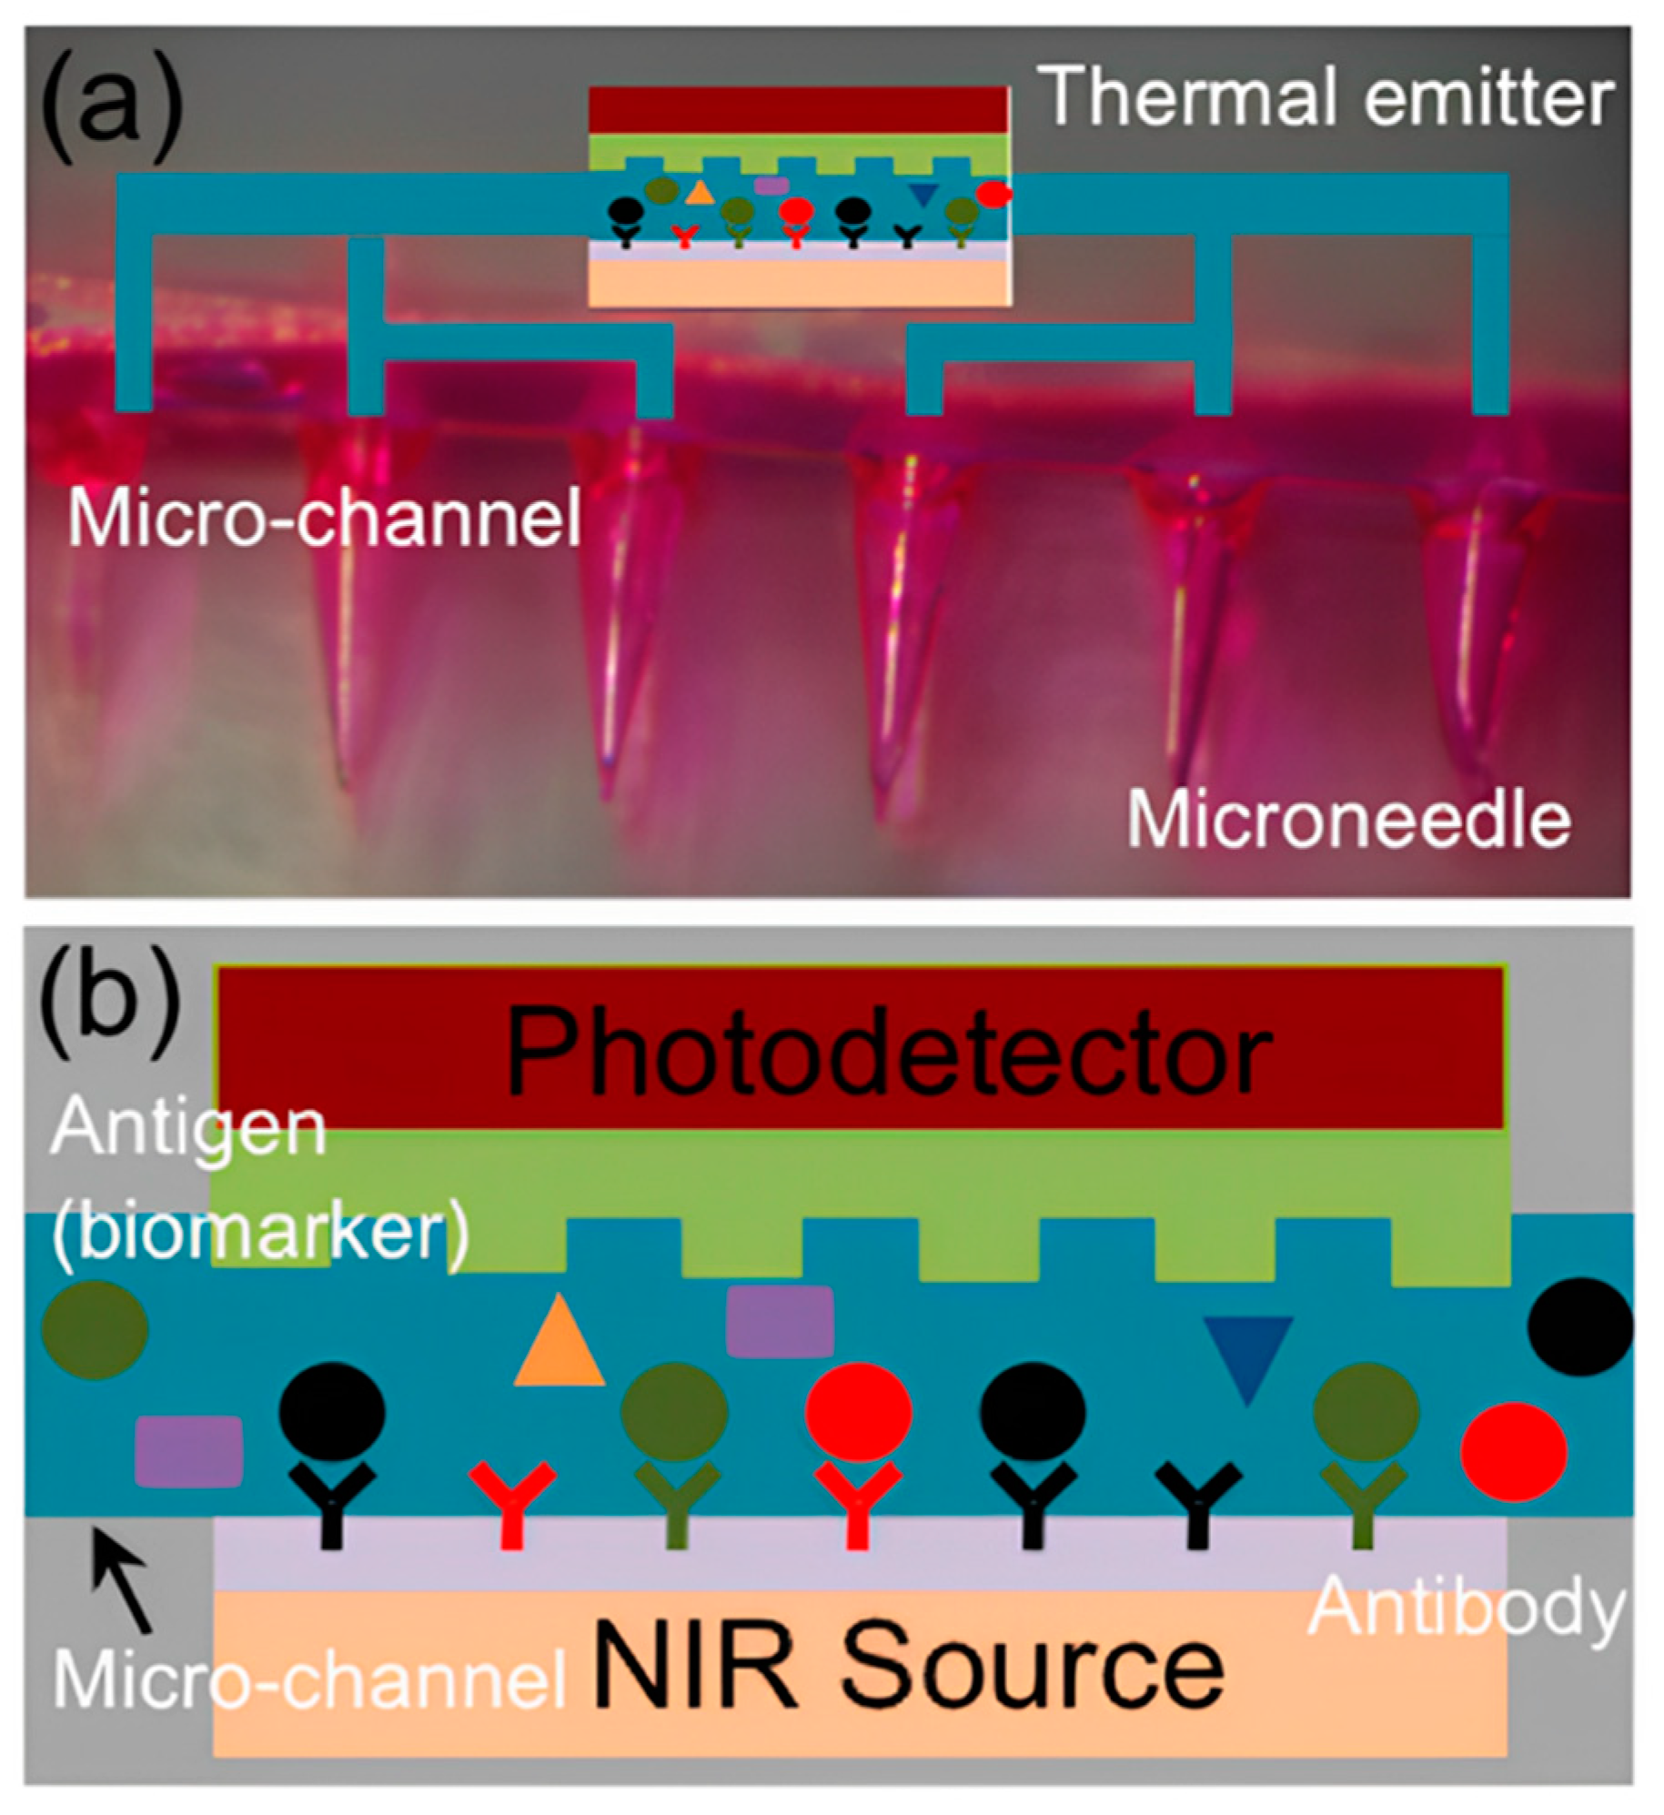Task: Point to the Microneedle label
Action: (x=1348, y=820)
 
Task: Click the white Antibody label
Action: (x=1466, y=1607)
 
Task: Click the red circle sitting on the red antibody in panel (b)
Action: (x=858, y=1409)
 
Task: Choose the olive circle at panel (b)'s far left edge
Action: (x=95, y=1329)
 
